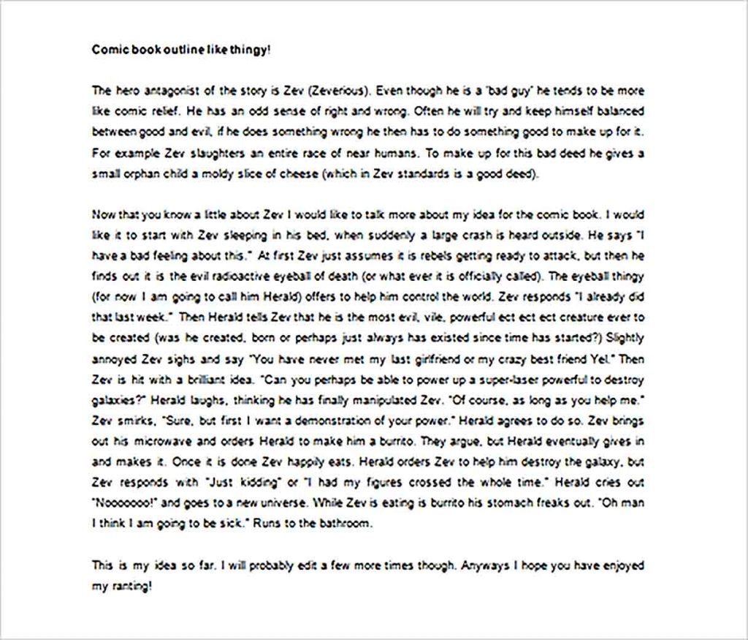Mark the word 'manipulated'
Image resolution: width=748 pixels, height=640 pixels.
377,402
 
